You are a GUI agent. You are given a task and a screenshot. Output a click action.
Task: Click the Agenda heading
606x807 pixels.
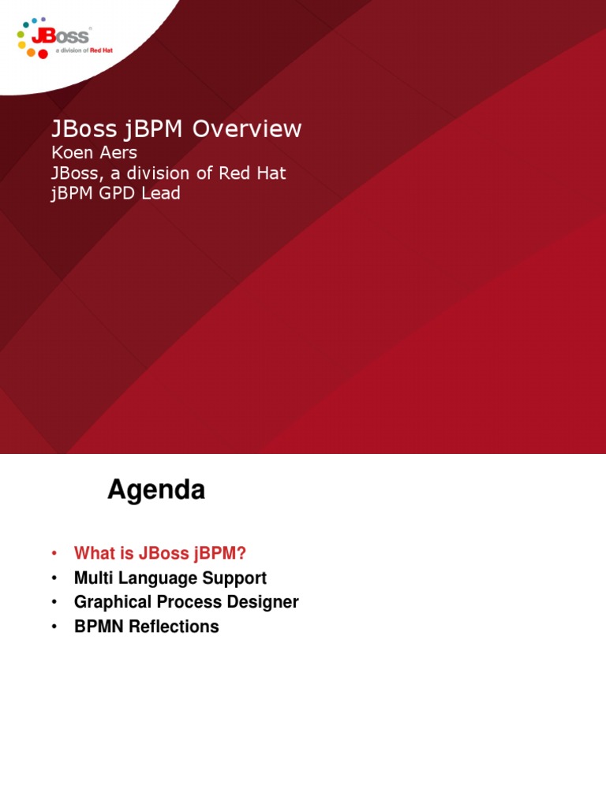point(156,490)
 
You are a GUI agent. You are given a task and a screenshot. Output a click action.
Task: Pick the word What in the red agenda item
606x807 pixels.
point(93,553)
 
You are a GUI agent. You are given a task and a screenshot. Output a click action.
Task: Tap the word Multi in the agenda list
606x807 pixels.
point(93,578)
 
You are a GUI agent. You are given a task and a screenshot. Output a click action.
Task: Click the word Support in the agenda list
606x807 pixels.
point(237,578)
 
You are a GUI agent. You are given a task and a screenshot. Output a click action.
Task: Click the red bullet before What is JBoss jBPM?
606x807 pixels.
point(54,553)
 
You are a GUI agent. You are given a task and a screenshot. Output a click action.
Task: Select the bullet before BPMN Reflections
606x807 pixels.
point(54,627)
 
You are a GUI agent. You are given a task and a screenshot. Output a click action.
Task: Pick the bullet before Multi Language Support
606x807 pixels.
point(54,578)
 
